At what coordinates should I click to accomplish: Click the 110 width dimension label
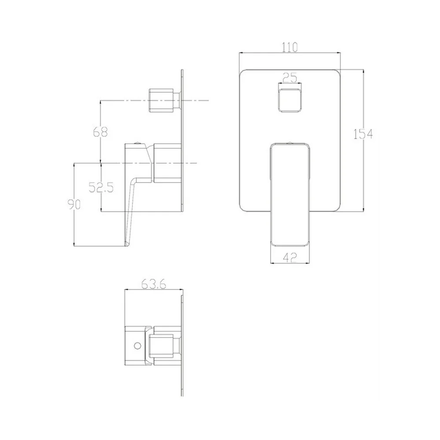290,47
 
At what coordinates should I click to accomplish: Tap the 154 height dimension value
363,134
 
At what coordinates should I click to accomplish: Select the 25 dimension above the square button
290,77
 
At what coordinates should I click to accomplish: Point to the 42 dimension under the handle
290,257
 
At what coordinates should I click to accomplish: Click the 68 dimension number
100,132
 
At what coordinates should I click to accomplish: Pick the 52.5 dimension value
101,187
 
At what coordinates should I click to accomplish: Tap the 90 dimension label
74,204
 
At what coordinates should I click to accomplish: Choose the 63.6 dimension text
154,284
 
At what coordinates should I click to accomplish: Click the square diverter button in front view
290,100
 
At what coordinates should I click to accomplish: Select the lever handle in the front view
290,195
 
